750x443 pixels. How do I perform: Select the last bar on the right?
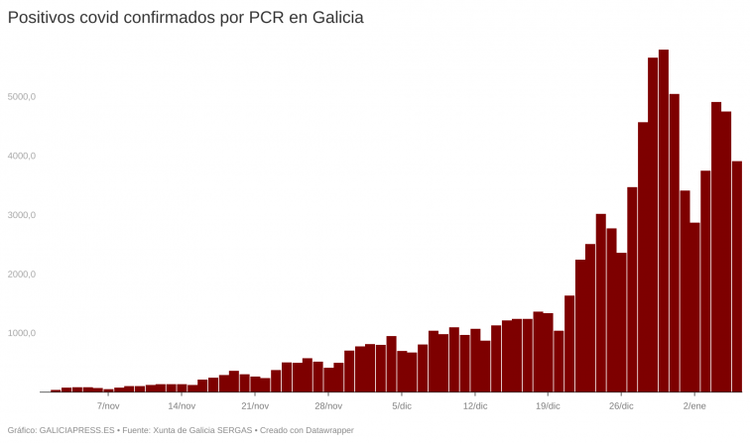pos(737,277)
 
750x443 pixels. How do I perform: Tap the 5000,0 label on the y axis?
pos(21,97)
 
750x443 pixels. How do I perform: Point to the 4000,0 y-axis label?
pos(21,157)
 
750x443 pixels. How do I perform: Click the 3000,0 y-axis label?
pos(21,215)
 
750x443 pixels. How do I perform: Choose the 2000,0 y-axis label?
pos(21,275)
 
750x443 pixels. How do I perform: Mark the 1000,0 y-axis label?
pos(21,334)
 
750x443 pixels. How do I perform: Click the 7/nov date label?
pos(108,406)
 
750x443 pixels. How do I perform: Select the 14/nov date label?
pos(182,406)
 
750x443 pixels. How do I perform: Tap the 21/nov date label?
pos(255,406)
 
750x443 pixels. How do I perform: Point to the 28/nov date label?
pos(328,406)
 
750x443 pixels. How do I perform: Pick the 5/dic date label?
pos(402,406)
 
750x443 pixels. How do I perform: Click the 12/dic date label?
pos(475,406)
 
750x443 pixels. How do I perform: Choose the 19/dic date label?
pos(548,406)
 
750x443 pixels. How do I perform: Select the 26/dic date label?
pos(621,406)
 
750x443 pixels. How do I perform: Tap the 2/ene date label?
pos(694,406)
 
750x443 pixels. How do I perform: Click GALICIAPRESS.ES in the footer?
pos(78,430)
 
